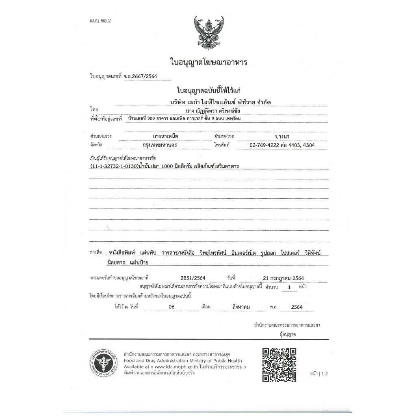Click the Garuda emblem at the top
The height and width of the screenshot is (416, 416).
[208, 33]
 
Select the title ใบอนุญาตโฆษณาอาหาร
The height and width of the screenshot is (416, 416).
[208, 62]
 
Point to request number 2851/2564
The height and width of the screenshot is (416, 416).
[182, 277]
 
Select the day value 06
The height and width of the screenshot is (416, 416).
[171, 307]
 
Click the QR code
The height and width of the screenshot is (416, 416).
[279, 364]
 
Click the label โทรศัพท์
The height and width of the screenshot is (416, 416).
[222, 145]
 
